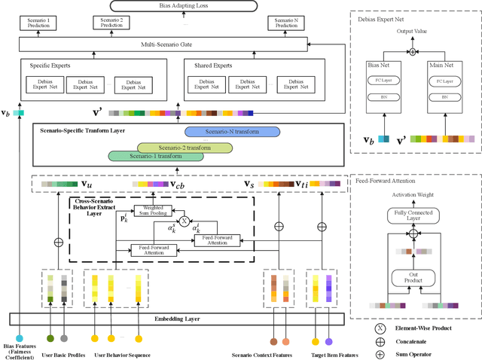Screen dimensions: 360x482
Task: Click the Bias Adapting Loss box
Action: click(174, 6)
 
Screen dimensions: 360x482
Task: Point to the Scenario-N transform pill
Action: click(232, 132)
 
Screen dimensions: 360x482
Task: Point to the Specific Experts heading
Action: click(46, 66)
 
